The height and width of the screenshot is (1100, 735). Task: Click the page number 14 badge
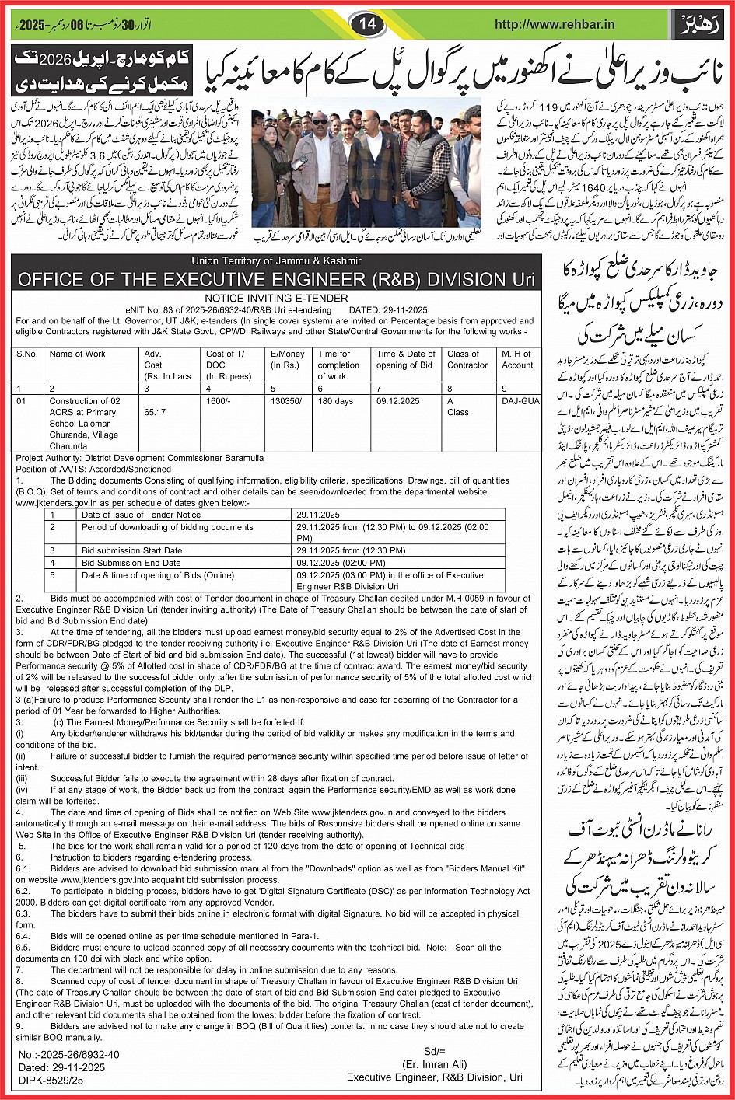(x=367, y=24)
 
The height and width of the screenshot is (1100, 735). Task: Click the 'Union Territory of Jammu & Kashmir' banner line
(x=276, y=260)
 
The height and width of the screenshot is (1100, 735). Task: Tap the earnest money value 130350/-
(x=287, y=401)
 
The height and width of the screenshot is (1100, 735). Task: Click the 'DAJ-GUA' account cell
(x=519, y=401)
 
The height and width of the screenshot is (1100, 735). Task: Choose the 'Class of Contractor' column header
(x=467, y=359)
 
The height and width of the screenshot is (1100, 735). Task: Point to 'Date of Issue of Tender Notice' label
(x=141, y=515)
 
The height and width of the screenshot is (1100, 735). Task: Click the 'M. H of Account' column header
(x=517, y=359)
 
